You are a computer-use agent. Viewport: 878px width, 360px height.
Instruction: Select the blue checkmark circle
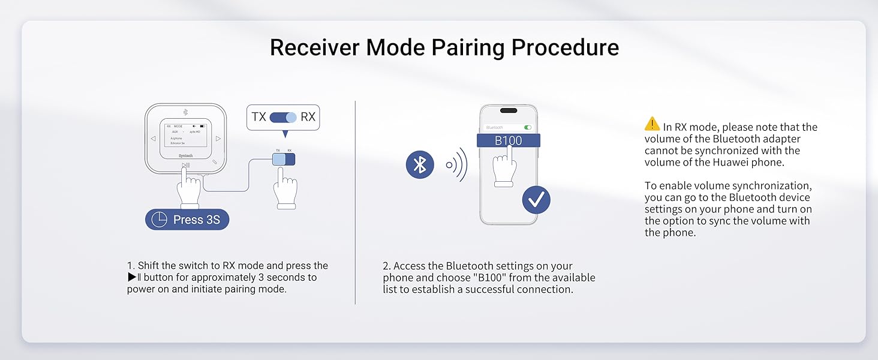536,200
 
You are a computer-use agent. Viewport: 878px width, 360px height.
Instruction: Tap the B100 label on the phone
508,141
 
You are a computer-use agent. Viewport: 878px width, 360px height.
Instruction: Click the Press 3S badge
187,220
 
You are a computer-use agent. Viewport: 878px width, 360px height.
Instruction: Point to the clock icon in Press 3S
159,220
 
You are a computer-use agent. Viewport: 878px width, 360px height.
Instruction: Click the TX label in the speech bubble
258,117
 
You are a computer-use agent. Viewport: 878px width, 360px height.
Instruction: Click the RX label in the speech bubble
308,117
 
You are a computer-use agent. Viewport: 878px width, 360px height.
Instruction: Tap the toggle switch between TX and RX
283,117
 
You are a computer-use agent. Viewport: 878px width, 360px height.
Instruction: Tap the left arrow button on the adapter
153,139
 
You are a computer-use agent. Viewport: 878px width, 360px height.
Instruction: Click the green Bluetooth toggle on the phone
528,127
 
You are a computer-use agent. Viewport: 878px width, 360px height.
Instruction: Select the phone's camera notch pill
509,110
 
